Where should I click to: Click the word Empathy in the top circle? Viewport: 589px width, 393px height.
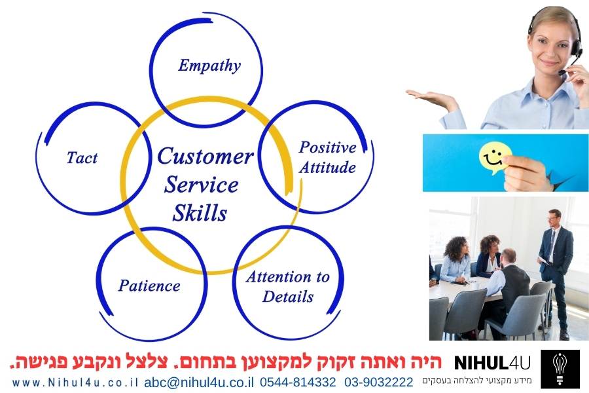tap(209, 65)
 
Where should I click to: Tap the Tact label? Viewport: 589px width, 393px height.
tap(82, 158)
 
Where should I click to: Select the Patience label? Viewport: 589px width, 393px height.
tap(149, 286)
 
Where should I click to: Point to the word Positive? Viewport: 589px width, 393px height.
tap(328, 147)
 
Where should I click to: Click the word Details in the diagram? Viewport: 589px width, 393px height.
tap(288, 296)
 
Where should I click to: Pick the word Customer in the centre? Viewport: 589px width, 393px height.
tap(205, 156)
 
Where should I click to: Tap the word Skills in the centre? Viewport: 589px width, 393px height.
tap(200, 213)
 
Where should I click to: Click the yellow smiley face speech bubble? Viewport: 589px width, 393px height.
tap(494, 158)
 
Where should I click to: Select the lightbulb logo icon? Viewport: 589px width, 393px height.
tap(560, 369)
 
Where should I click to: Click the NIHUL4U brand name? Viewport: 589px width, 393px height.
tap(492, 363)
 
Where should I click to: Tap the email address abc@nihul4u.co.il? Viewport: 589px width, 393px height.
tap(199, 382)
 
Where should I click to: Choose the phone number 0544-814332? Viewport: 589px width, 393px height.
tap(298, 382)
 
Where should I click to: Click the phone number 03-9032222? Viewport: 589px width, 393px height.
tap(379, 382)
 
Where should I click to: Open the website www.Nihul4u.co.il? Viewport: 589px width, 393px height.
tap(75, 383)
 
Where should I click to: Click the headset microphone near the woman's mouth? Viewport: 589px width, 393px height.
tap(562, 72)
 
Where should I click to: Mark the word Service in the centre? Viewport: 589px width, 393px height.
tap(202, 185)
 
